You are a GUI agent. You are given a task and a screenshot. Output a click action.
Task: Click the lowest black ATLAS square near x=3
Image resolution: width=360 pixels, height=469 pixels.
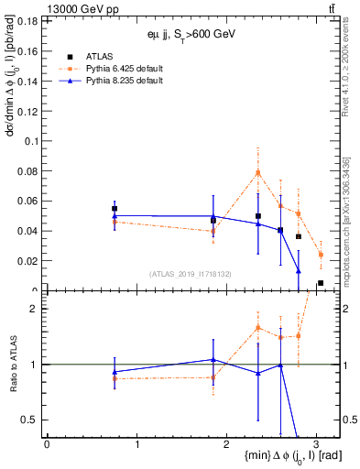tap(320, 283)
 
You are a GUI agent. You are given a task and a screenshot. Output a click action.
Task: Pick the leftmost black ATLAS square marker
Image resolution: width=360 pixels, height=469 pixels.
tap(115, 209)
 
